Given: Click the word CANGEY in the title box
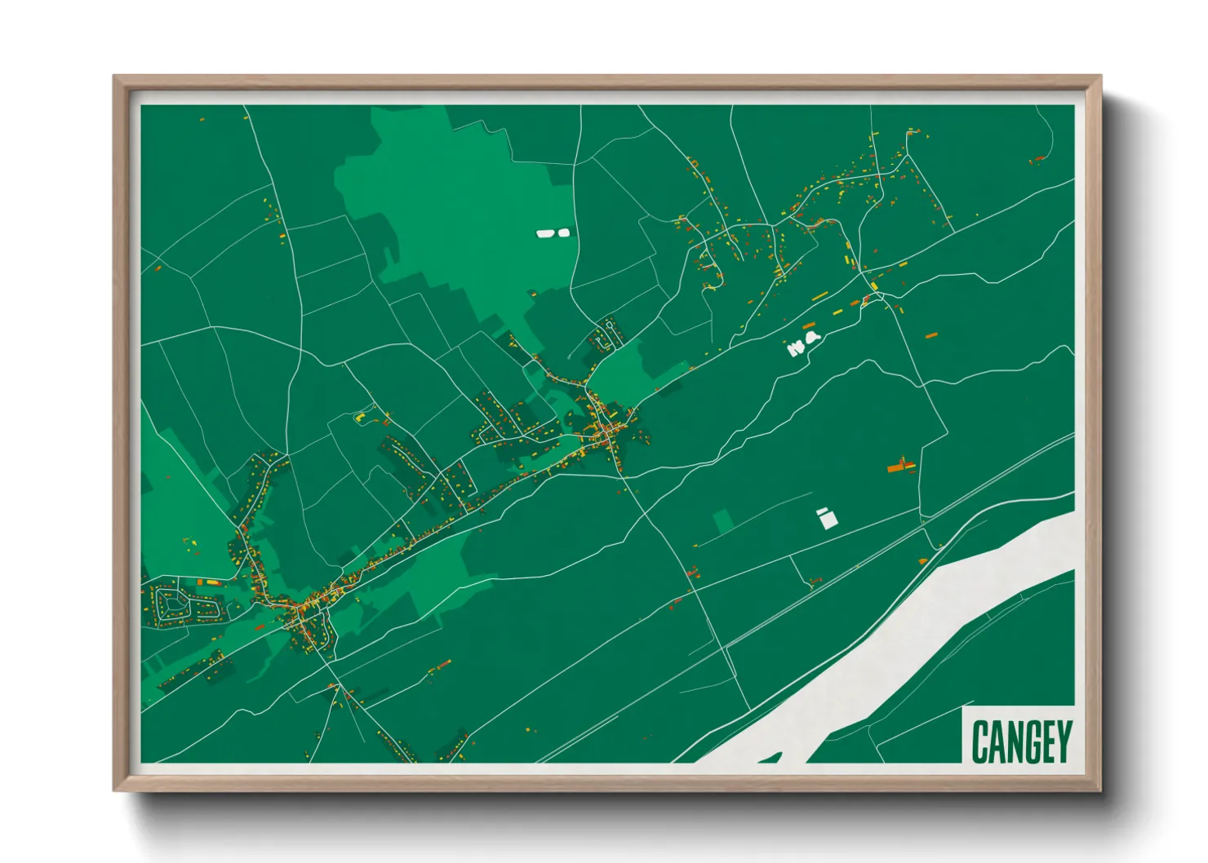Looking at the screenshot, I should [x=1021, y=741].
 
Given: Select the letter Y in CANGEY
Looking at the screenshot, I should [x=1063, y=741].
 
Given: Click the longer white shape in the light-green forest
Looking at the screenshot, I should [x=545, y=233].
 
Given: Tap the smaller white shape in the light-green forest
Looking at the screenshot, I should [x=563, y=232].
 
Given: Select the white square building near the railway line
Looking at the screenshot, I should [x=827, y=518].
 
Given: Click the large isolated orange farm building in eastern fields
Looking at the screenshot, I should [x=900, y=466].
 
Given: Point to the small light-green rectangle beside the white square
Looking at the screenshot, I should [x=722, y=521].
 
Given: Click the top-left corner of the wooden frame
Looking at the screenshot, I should [x=115, y=77].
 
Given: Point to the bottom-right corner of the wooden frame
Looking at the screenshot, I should [x=1099, y=790].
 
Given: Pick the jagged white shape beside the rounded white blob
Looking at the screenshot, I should [x=796, y=348].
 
